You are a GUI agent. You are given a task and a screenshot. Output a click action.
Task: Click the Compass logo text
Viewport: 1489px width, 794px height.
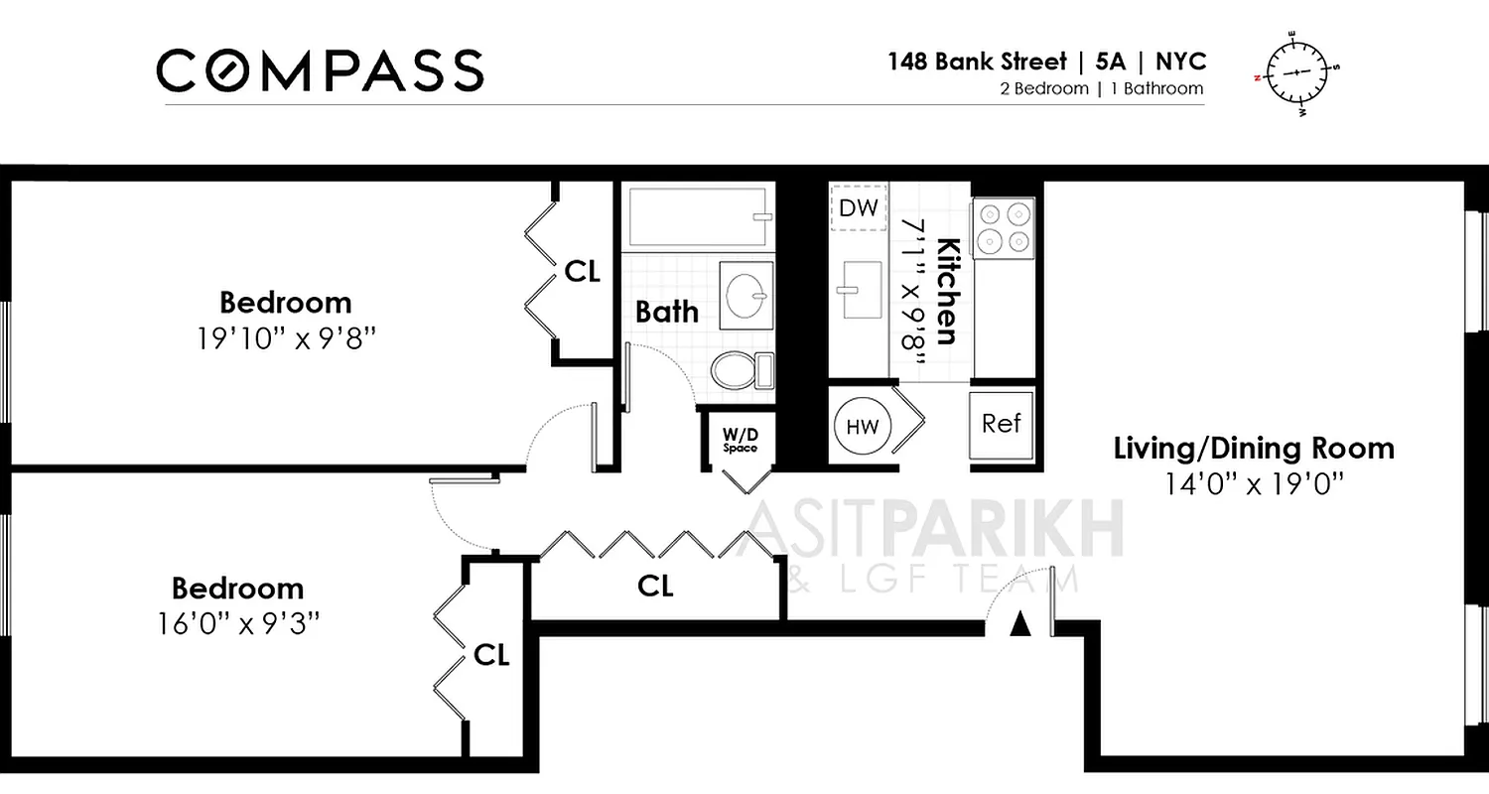[320, 69]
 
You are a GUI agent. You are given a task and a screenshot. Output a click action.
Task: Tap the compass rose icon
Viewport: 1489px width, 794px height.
[1296, 74]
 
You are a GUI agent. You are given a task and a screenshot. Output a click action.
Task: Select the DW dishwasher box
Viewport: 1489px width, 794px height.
[859, 208]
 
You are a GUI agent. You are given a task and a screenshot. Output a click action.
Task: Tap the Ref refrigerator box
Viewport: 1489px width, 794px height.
[1001, 424]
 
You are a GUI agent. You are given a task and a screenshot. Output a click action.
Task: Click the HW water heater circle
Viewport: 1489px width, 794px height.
[862, 427]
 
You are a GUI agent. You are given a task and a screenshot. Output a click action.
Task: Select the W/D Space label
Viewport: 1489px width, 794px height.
[740, 440]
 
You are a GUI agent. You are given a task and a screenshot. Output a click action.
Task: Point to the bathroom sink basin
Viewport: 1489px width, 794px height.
[746, 294]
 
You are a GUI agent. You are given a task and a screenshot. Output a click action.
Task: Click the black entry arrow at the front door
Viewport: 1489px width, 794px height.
[1018, 624]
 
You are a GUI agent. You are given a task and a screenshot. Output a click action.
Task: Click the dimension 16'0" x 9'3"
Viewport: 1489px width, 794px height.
[238, 624]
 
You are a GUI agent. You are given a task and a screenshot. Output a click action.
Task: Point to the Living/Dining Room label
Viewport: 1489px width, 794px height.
[1254, 449]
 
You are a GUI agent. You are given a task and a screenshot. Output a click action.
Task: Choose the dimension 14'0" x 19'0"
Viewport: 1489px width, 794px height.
[1254, 484]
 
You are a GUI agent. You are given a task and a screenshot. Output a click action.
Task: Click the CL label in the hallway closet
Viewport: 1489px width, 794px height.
[655, 587]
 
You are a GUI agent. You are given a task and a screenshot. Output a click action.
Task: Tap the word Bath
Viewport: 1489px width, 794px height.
[667, 312]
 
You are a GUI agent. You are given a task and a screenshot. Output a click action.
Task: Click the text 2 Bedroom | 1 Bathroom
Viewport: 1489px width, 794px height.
[1101, 88]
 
